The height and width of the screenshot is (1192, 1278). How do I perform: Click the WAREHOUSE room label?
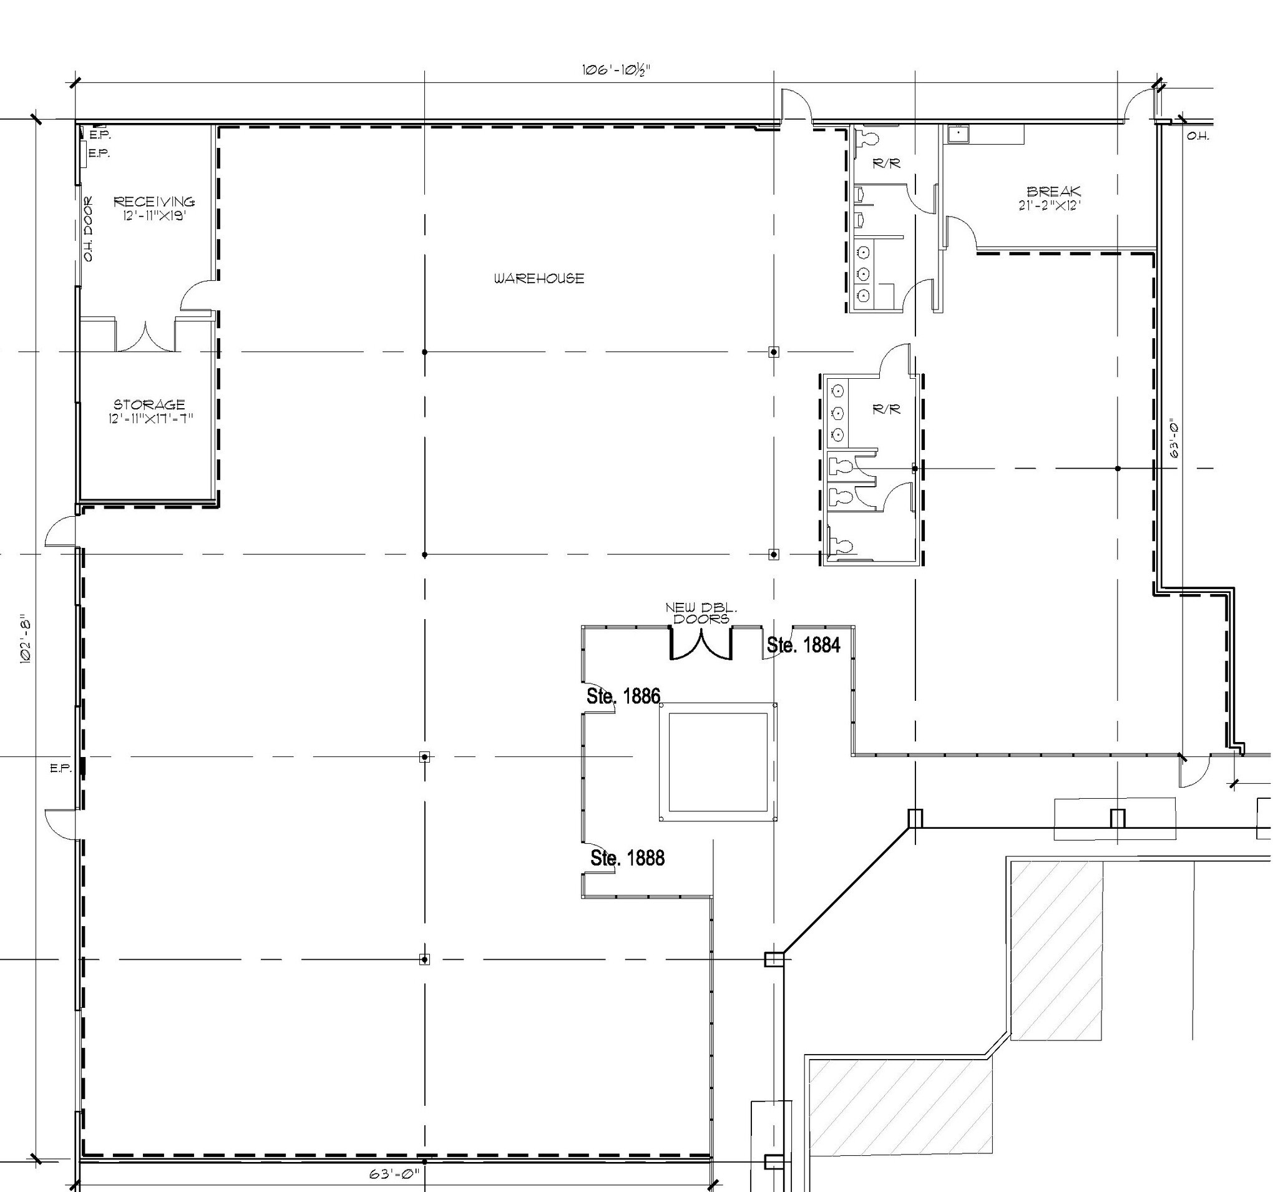tap(539, 278)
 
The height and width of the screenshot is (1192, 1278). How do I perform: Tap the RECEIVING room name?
tap(154, 202)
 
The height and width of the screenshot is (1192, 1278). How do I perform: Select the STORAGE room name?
tap(149, 404)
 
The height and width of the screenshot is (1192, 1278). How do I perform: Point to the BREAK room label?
tap(1053, 192)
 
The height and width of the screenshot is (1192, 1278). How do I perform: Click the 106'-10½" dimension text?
tap(617, 69)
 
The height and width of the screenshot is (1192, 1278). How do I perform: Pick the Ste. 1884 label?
tap(804, 645)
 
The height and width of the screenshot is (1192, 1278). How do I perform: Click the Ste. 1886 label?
tap(623, 696)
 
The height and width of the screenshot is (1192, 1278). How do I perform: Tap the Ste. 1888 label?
tap(627, 857)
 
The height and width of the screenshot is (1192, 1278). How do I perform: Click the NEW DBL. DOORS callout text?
tap(701, 613)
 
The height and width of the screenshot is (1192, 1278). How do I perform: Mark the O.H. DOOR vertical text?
tap(88, 229)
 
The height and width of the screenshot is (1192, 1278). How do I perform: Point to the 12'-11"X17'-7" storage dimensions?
tap(150, 419)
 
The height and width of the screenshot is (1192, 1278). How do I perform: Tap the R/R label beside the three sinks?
tap(887, 409)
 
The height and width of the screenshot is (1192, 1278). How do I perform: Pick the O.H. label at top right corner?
tap(1198, 136)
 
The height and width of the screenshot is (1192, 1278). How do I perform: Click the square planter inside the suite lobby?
tap(718, 762)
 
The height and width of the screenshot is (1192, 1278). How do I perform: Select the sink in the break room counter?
tap(957, 133)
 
